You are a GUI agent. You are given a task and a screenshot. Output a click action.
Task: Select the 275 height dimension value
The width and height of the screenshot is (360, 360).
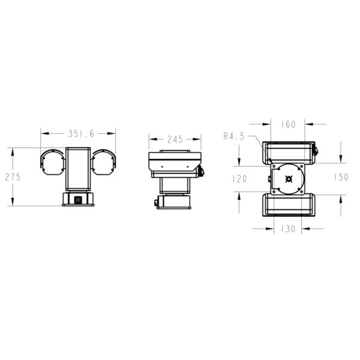(x=13, y=177)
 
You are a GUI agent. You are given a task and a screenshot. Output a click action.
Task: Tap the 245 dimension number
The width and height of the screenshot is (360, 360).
(x=175, y=140)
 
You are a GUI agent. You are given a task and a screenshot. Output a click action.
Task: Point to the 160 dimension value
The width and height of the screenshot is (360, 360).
(x=289, y=125)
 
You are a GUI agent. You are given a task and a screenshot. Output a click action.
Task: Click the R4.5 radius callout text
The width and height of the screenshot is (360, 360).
(x=234, y=137)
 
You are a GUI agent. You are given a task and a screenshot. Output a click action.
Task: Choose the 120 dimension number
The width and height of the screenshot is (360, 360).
(x=240, y=178)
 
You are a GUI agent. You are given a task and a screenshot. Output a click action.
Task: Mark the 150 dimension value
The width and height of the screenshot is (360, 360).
(x=341, y=178)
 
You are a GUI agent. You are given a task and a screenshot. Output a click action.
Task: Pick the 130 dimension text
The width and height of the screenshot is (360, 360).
(x=289, y=229)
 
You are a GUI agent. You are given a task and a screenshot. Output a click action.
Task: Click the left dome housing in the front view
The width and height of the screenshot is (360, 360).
(x=52, y=162)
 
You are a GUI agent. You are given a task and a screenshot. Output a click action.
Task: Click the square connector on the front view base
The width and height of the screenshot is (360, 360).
(x=78, y=199)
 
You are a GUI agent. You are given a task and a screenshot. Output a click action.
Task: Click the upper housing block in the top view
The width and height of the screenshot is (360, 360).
(x=289, y=152)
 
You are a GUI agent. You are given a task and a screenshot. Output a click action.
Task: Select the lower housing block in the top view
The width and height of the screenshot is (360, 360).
(x=289, y=205)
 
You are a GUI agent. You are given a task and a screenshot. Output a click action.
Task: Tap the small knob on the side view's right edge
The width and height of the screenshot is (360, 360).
(x=202, y=172)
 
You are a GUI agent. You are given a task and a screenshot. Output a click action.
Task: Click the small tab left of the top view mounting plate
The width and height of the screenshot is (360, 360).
(x=268, y=178)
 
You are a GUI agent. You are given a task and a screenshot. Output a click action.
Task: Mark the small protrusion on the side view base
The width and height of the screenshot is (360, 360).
(x=156, y=203)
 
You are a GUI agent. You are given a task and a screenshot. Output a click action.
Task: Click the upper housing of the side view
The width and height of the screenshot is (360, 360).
(x=174, y=161)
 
